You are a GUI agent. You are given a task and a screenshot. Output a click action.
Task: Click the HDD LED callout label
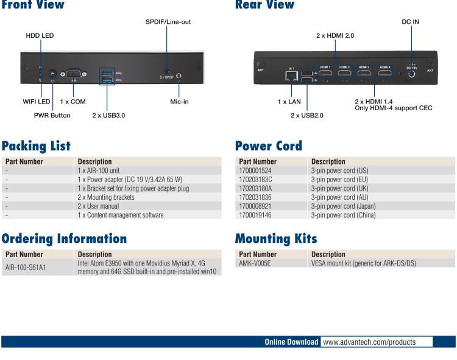tap(40, 35)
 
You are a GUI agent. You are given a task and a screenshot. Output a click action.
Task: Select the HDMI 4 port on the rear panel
tap(385, 72)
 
